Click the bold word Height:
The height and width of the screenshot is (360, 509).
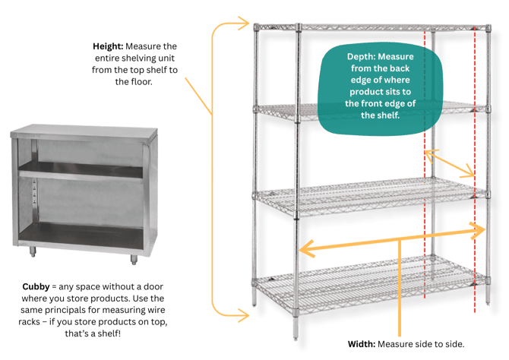click(x=106, y=46)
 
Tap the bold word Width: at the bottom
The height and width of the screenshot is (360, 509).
click(x=362, y=343)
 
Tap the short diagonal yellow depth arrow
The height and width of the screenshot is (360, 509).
click(x=450, y=163)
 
